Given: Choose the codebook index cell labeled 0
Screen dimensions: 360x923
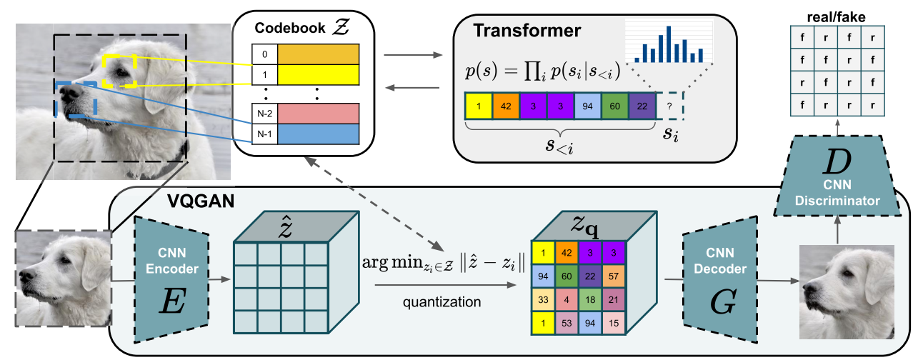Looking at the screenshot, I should (x=264, y=54).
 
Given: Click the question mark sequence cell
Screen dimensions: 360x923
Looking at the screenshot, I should (x=669, y=106).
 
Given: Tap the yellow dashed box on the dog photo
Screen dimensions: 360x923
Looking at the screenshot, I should (x=120, y=71).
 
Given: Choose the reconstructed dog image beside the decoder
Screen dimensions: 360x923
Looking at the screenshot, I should (x=847, y=284).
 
